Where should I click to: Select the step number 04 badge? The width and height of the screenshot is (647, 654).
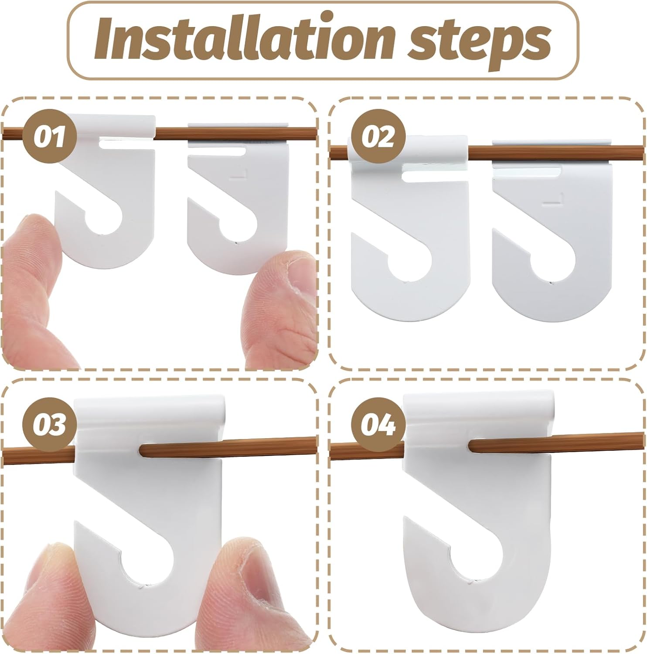pos(378,425)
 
